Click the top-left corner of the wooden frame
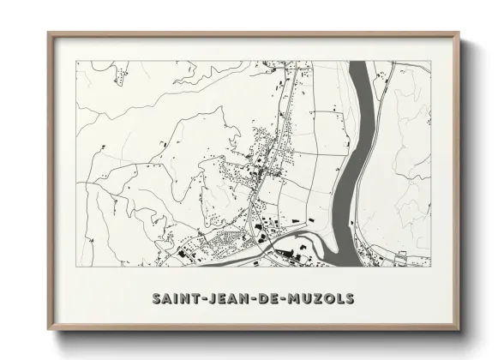pos(48,33)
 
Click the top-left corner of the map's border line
pos(76,61)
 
